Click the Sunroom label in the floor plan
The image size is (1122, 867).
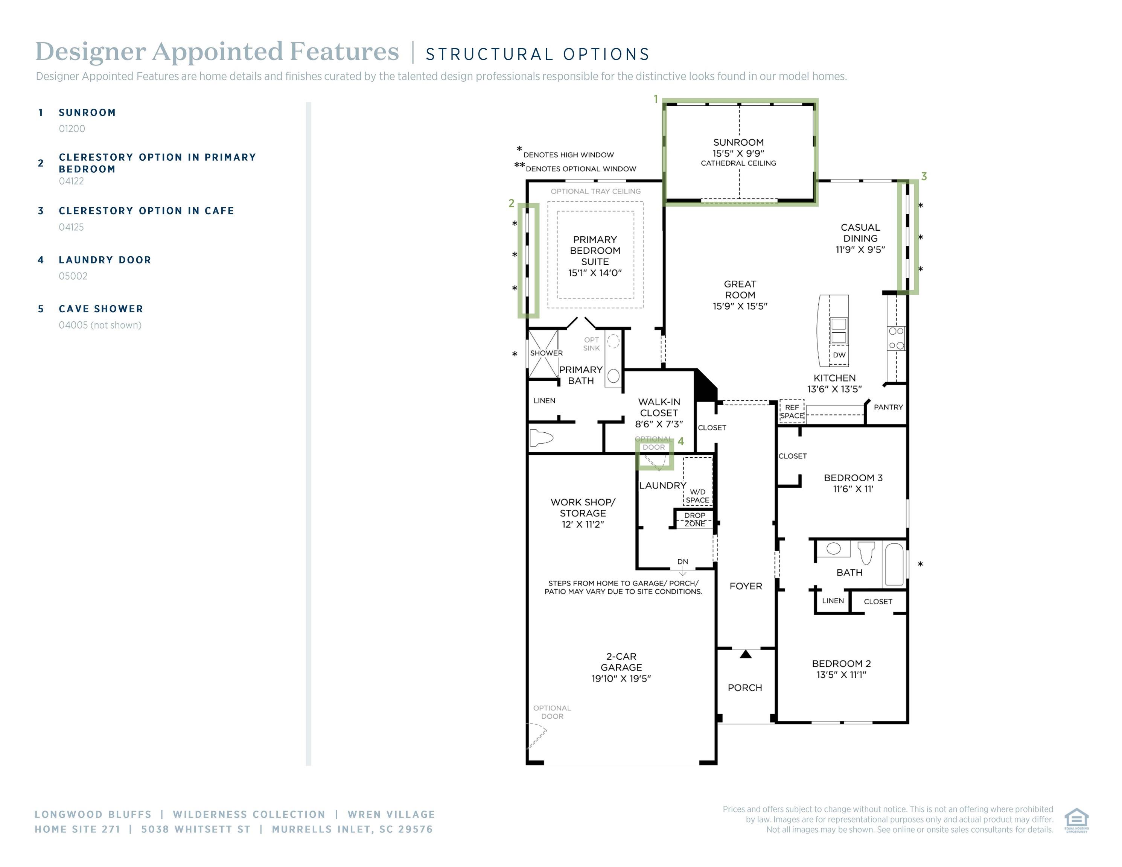738,142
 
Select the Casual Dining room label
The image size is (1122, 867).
860,233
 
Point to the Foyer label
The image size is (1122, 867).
746,586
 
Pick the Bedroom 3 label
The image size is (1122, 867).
853,478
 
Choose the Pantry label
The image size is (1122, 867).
888,407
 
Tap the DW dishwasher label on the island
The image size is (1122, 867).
839,355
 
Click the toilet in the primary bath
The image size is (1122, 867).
542,438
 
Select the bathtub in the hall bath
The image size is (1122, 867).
894,564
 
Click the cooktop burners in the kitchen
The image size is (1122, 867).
897,338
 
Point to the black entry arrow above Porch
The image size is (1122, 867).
746,654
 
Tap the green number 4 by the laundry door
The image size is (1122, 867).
681,441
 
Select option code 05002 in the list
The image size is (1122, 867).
73,276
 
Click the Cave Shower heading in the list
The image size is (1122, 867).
101,309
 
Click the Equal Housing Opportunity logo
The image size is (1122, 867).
1076,821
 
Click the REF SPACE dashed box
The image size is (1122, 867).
792,411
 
